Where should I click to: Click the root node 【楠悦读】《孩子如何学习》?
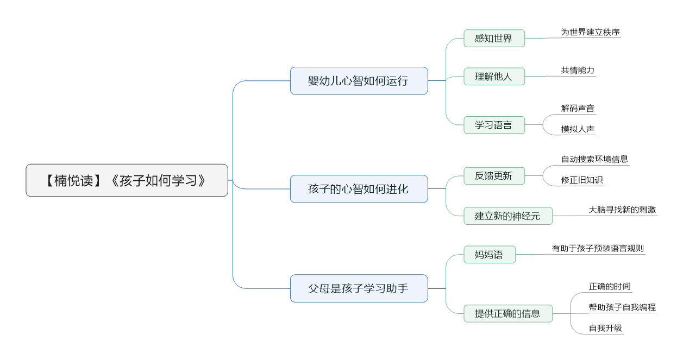pyautogui.click(x=127, y=180)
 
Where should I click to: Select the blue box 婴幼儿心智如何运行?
pyautogui.click(x=359, y=81)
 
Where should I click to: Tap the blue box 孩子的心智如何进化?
pyautogui.click(x=359, y=189)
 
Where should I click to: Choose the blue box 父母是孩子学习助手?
pyautogui.click(x=359, y=288)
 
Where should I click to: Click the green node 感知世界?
pyautogui.click(x=494, y=39)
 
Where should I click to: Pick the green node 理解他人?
pyautogui.click(x=494, y=76)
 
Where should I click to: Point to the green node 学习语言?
pyautogui.click(x=494, y=125)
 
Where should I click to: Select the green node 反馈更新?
pyautogui.click(x=494, y=176)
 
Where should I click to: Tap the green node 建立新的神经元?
pyautogui.click(x=508, y=216)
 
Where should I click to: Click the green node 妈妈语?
pyautogui.click(x=490, y=255)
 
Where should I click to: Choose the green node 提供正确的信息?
pyautogui.click(x=508, y=313)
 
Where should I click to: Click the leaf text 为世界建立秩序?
pyautogui.click(x=590, y=32)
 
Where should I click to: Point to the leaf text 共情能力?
pyautogui.click(x=578, y=70)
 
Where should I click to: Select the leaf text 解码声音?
pyautogui.click(x=578, y=108)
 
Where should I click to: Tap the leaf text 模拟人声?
pyautogui.click(x=578, y=129)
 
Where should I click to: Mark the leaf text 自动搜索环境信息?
pyautogui.click(x=594, y=159)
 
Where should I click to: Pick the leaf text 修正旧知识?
pyautogui.click(x=582, y=180)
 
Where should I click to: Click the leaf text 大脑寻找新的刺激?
pyautogui.click(x=622, y=210)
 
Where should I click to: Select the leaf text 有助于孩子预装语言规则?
pyautogui.click(x=598, y=249)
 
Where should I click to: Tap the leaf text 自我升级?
pyautogui.click(x=605, y=328)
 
